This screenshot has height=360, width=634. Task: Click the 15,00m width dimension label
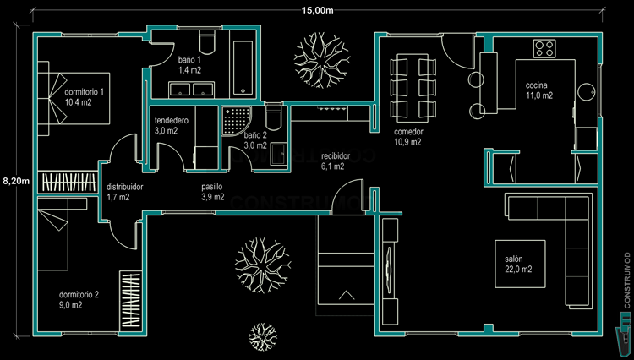(317, 10)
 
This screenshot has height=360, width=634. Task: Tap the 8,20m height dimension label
(16, 180)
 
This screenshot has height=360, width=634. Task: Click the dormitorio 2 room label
(79, 300)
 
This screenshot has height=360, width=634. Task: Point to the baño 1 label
(190, 65)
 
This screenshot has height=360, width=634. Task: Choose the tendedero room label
(172, 126)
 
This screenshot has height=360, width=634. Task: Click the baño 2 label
(255, 139)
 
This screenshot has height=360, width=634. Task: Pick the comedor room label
(409, 137)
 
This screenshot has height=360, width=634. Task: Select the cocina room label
(538, 90)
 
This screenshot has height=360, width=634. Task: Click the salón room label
(518, 264)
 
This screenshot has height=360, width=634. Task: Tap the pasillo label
(212, 191)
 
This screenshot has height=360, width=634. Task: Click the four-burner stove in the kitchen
(544, 48)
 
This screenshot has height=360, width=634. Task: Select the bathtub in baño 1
(244, 66)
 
